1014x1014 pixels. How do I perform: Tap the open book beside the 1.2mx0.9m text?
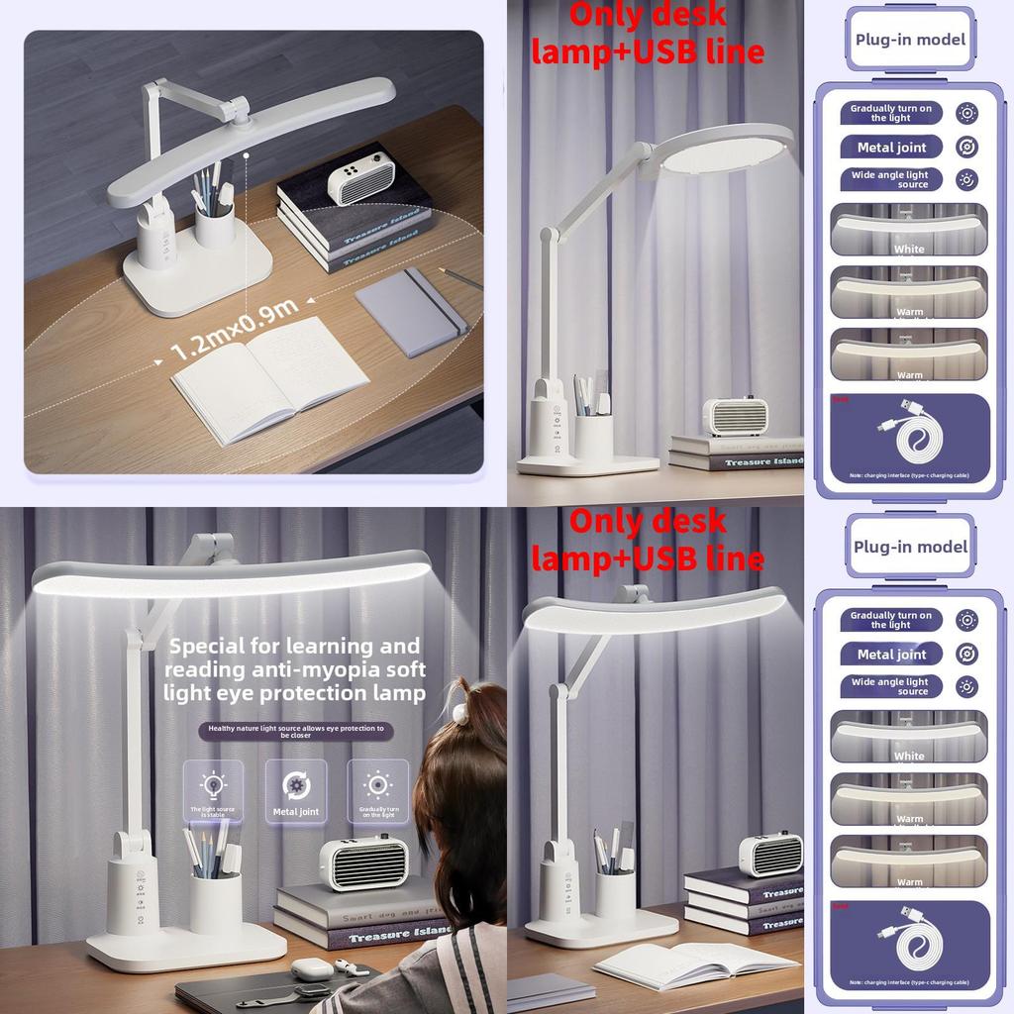[269, 377]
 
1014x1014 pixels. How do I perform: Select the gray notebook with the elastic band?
[410, 311]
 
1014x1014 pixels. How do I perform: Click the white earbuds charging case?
[308, 969]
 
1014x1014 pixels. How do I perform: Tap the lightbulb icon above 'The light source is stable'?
[213, 786]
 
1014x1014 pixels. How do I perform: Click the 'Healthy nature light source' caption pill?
[295, 731]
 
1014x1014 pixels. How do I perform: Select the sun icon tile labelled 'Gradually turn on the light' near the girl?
[377, 786]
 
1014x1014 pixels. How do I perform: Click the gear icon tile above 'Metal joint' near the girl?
[295, 786]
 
